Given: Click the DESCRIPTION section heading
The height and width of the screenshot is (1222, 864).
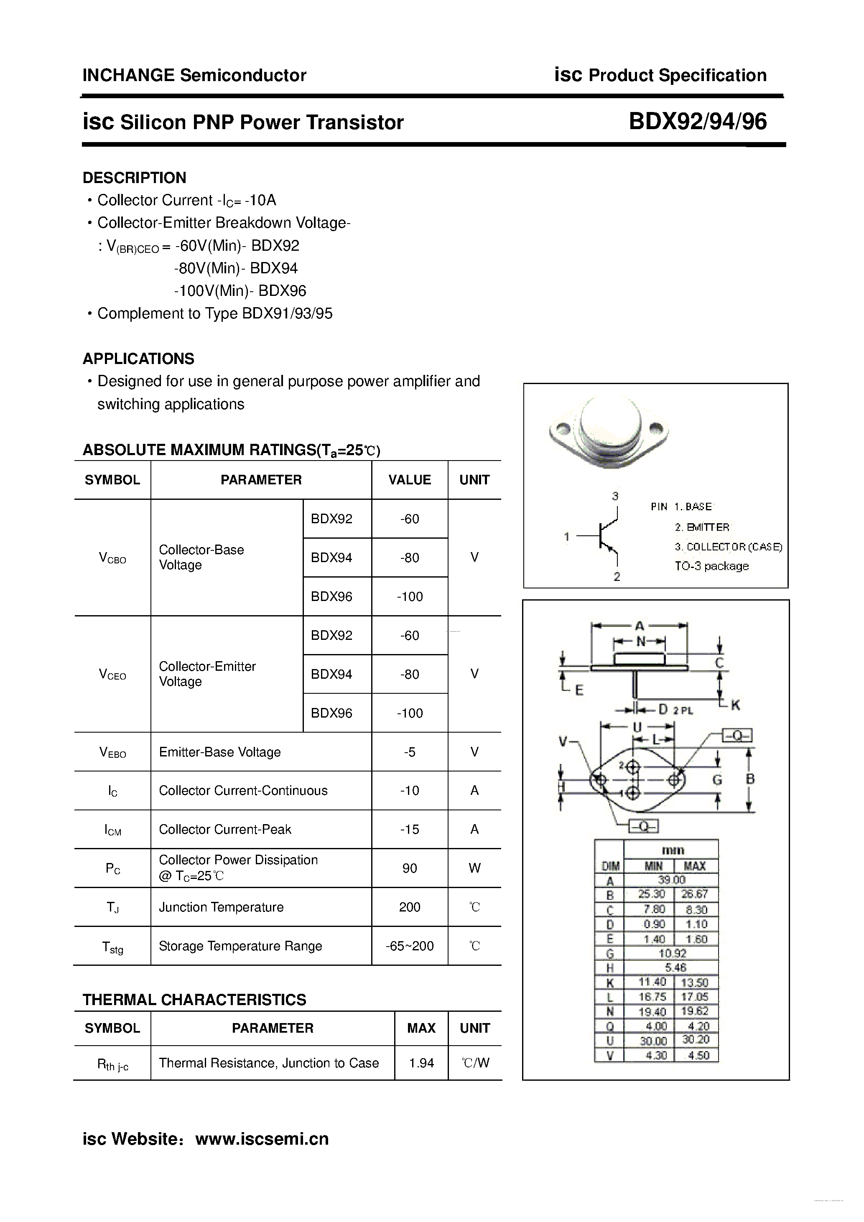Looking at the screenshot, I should (x=134, y=178).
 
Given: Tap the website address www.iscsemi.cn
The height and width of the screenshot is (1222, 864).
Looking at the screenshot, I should (x=262, y=1138).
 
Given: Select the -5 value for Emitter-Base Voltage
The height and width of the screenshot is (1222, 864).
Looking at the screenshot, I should (x=409, y=752).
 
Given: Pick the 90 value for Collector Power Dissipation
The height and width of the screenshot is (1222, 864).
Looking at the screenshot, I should (x=409, y=868).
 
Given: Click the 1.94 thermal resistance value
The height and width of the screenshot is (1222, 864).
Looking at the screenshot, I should (x=421, y=1063).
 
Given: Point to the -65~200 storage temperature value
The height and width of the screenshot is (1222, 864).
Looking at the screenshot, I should (x=409, y=946).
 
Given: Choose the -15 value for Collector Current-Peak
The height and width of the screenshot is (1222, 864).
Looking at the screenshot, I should (x=409, y=829).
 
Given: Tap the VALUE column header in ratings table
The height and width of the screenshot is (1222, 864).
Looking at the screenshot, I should (x=409, y=480).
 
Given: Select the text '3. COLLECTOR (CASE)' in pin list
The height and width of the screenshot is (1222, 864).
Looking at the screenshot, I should (x=728, y=547).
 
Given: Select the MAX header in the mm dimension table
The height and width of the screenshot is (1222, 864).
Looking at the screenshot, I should (x=695, y=866).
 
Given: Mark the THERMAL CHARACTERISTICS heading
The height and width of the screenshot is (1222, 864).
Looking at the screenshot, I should (x=194, y=1000).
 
